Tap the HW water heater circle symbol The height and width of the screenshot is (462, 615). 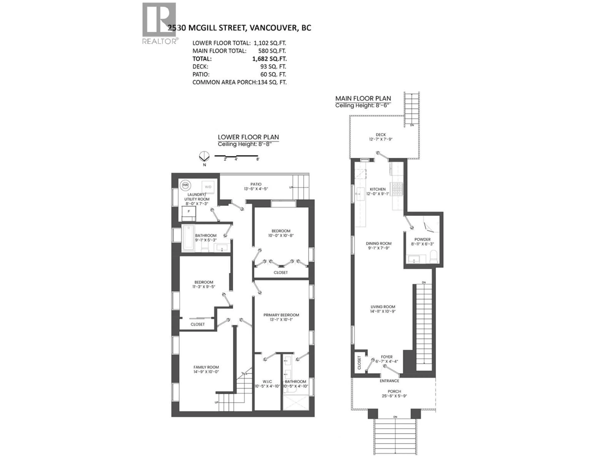coord(185,185)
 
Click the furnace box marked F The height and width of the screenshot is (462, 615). coord(189,211)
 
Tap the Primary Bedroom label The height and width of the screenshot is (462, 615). coord(281,315)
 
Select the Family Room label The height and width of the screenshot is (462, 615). coord(206,367)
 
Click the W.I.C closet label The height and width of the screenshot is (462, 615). coord(267,381)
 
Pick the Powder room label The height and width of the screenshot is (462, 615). coord(422,239)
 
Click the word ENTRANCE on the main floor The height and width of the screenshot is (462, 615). coord(389,381)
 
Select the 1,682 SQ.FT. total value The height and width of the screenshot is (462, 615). coord(269,59)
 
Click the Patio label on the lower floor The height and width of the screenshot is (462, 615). coord(256,184)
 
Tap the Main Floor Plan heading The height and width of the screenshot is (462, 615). coord(363,98)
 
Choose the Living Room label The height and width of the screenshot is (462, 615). coord(383,307)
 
